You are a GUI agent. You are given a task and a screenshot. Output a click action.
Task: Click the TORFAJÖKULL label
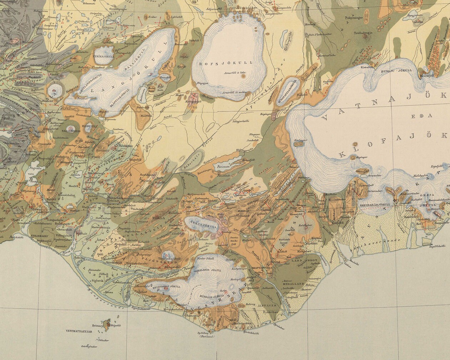click(x=201, y=226)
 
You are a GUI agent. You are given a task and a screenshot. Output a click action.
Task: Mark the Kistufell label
click(x=367, y=67)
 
